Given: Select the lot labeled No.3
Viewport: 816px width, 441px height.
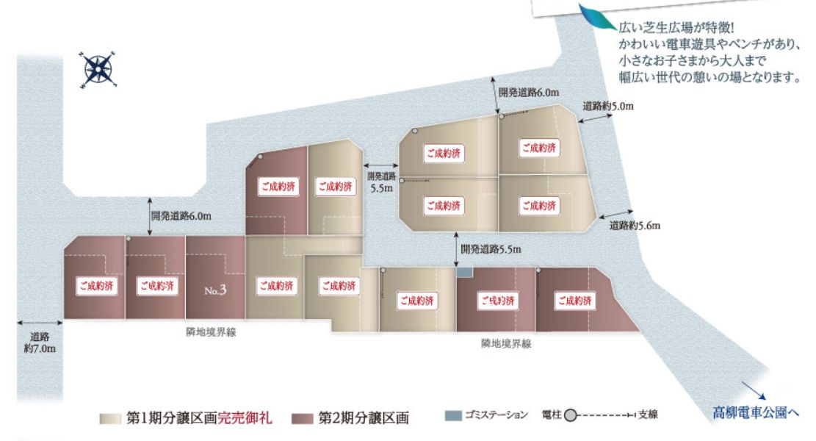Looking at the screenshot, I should (214, 289).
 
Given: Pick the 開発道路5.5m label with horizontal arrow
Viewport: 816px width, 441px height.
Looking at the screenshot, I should (382, 182).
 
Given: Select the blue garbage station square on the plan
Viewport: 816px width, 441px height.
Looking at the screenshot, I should (464, 273).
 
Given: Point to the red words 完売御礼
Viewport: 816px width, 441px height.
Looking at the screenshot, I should (246, 419).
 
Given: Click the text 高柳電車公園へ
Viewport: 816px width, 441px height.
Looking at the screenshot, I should (755, 413).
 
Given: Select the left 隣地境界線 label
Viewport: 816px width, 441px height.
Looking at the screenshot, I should (212, 332).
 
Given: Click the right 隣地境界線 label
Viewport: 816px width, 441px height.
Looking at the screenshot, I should (506, 343).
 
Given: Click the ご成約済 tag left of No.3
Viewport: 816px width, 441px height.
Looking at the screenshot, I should (155, 284).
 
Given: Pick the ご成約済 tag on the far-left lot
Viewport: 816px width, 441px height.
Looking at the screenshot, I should (95, 284).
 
